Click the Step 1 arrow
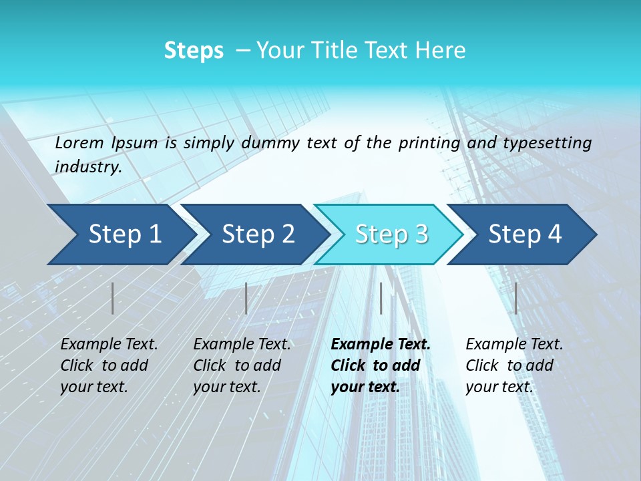point(124,234)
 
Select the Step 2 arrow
point(258,234)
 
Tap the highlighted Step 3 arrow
point(391,234)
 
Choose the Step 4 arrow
point(525,234)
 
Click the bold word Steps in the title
point(194,51)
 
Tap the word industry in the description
point(87,167)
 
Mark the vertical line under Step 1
point(113,298)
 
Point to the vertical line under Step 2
point(246,298)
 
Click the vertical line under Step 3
point(381,298)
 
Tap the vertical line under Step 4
point(516,298)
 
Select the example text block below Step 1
point(109,365)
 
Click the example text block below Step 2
point(242,365)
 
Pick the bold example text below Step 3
point(381,365)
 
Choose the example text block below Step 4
point(514,365)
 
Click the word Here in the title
point(440,51)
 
